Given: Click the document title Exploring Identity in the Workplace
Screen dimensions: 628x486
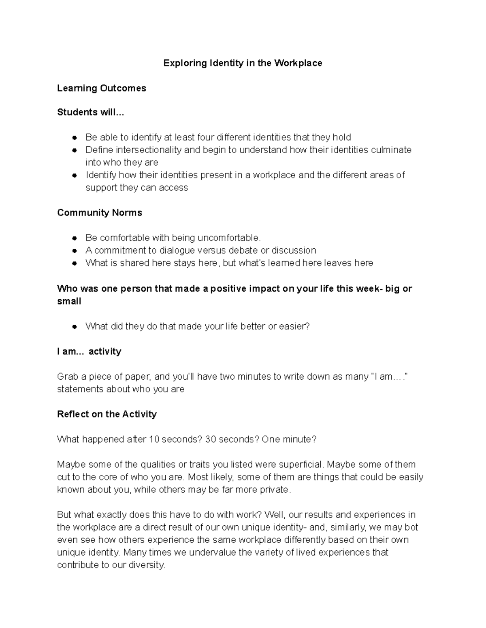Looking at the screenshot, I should (x=243, y=63).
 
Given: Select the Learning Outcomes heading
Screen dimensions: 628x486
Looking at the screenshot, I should (x=102, y=88).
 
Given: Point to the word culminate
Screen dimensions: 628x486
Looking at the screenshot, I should (x=392, y=150).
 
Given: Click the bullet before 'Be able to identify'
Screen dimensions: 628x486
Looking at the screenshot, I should (x=74, y=138).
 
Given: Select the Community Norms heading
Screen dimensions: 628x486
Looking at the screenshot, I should (x=100, y=213).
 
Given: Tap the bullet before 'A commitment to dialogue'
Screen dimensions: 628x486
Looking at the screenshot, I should (x=74, y=251).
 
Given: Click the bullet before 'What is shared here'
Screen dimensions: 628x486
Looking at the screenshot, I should (x=74, y=263).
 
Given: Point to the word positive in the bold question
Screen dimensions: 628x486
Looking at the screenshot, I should (x=228, y=289).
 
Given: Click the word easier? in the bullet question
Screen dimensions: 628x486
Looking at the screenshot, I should (x=294, y=326).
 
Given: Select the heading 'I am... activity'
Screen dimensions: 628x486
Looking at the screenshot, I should (x=89, y=351).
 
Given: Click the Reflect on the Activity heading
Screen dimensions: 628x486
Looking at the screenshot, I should (x=107, y=414).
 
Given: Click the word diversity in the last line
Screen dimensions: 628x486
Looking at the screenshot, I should (x=146, y=565).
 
